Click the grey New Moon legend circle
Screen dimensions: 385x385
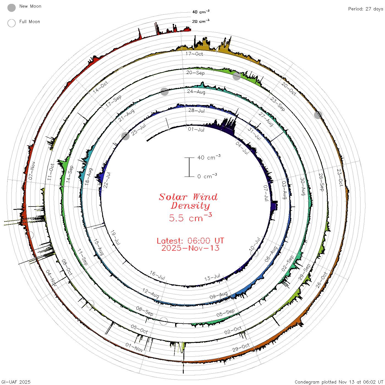[11, 8]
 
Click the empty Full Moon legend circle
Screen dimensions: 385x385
[11, 23]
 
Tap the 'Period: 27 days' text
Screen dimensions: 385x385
[366, 9]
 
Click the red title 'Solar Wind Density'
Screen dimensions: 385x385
[188, 201]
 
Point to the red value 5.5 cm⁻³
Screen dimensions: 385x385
[190, 218]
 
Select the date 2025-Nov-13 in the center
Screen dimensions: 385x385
[190, 248]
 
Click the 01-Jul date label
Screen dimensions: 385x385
[196, 129]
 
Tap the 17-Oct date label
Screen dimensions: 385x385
[194, 54]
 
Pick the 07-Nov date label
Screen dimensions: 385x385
[32, 171]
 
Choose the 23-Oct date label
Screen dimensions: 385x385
[340, 178]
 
